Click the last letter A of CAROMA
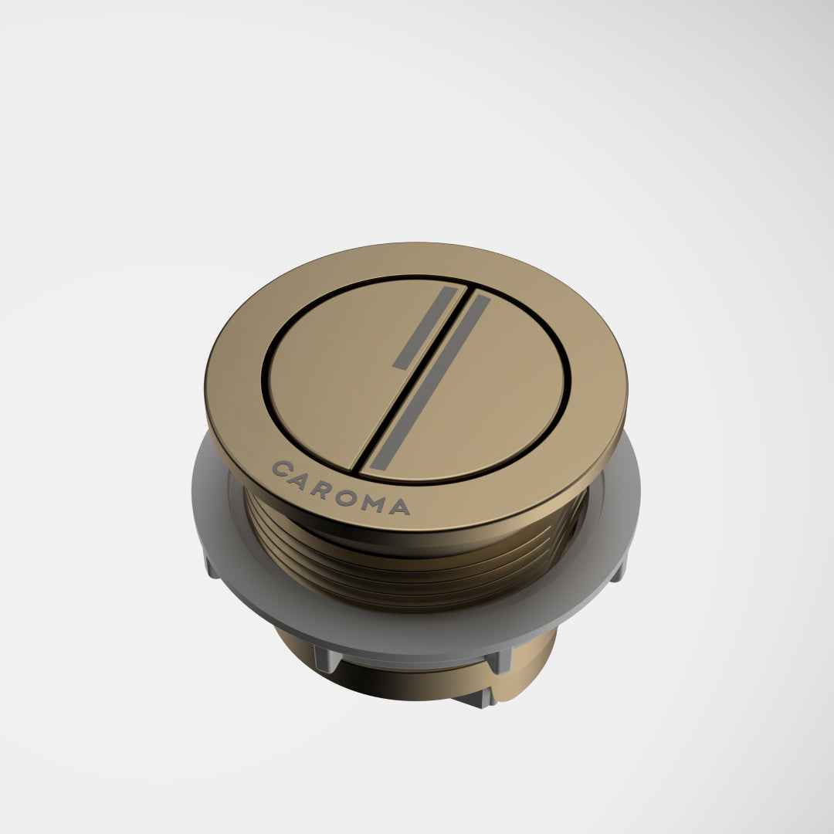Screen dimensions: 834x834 pos(399,507)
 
